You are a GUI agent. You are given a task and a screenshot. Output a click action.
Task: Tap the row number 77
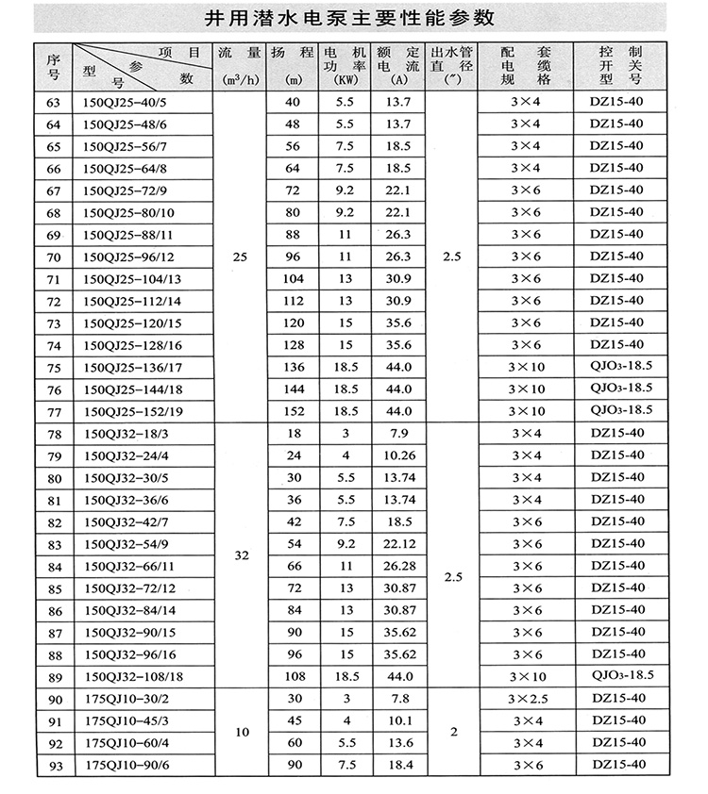[x=53, y=410]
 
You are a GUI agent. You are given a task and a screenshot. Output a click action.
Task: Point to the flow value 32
[x=241, y=556]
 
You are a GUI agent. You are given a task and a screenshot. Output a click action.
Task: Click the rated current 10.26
[x=396, y=455]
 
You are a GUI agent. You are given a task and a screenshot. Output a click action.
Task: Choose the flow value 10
[x=241, y=732]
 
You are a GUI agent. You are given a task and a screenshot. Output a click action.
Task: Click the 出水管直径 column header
[x=451, y=62]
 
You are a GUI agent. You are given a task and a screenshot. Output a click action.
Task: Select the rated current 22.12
[x=396, y=544]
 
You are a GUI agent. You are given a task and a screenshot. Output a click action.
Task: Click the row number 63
[x=53, y=101]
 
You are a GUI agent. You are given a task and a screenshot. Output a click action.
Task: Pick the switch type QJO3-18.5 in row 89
[x=620, y=676]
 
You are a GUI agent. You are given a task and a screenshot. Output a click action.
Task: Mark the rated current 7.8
[x=396, y=699]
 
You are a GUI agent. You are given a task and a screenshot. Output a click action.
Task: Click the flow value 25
[x=241, y=256]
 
